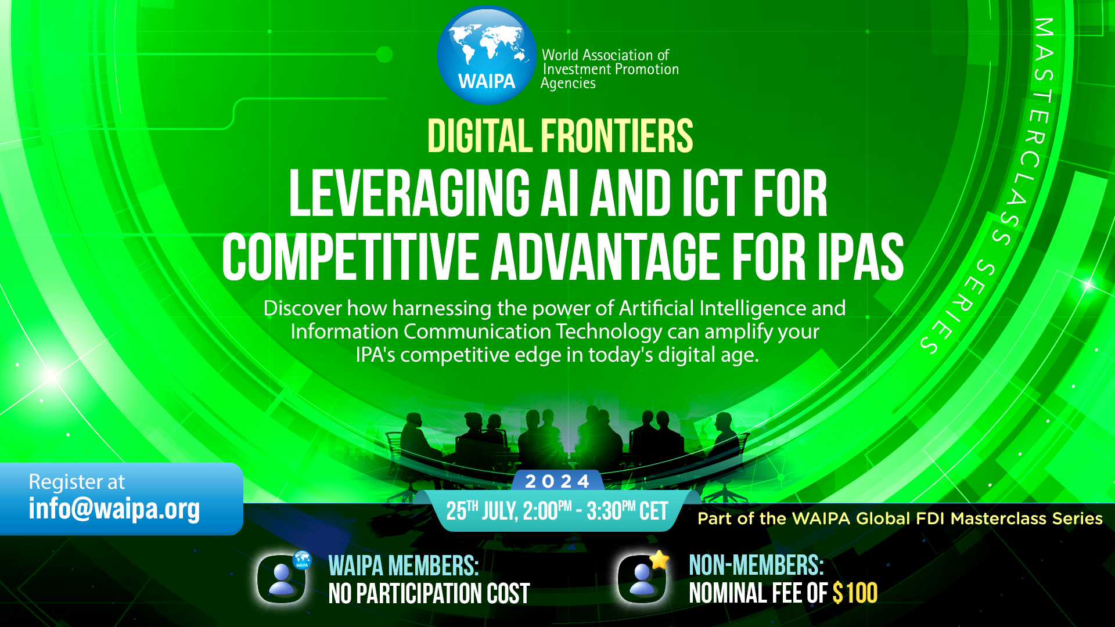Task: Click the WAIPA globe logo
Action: tap(487, 55)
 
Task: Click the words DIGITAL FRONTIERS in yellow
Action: tap(560, 136)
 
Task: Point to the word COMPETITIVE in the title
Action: tap(350, 256)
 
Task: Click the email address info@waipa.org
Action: tap(114, 509)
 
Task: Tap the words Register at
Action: tap(77, 482)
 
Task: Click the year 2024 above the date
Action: tap(557, 481)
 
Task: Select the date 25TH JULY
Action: tap(481, 511)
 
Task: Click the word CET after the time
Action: tap(653, 511)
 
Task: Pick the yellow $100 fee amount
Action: tap(855, 593)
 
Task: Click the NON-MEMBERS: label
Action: tap(756, 565)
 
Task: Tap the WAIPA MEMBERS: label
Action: tap(404, 565)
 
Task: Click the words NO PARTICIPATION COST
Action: tap(429, 593)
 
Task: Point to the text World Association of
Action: tap(606, 55)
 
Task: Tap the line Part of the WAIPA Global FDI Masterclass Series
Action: tap(900, 518)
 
